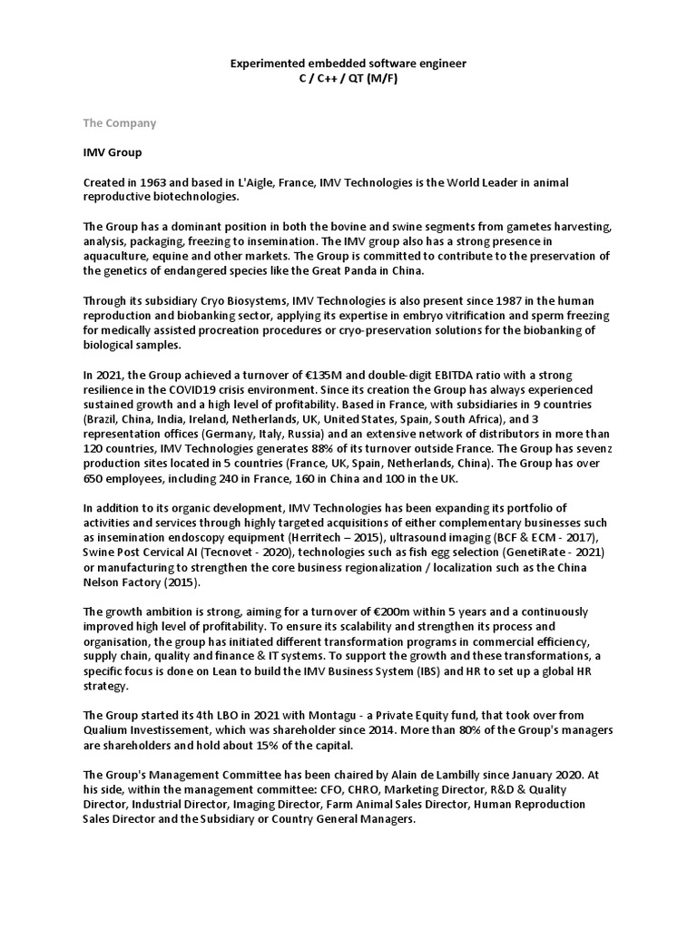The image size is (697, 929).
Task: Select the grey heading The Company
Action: (x=120, y=123)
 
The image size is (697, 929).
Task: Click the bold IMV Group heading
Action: (x=113, y=152)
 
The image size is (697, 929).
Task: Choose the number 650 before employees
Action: (x=93, y=478)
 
